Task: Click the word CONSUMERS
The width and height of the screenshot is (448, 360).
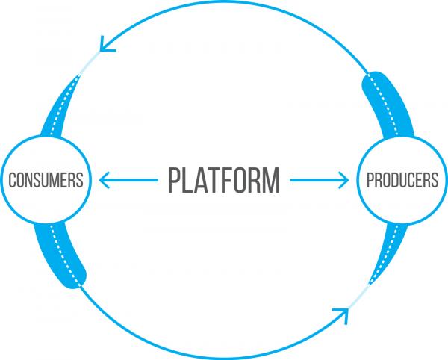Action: [46, 180]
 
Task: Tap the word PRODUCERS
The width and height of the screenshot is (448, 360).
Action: [402, 180]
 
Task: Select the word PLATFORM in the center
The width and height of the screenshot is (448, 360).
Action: [224, 180]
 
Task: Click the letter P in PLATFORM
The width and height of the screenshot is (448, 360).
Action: [174, 180]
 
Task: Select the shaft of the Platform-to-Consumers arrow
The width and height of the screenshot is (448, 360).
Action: [128, 180]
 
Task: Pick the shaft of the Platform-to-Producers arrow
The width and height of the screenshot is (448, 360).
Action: [319, 180]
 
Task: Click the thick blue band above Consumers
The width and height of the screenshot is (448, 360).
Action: [58, 108]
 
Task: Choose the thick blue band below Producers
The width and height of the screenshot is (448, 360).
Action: [389, 252]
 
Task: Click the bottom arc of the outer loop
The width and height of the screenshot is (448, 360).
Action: [217, 357]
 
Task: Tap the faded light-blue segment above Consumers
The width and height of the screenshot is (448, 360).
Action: [89, 63]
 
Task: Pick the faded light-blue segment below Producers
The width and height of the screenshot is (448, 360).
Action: [358, 297]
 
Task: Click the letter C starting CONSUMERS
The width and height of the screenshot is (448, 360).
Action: [12, 180]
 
